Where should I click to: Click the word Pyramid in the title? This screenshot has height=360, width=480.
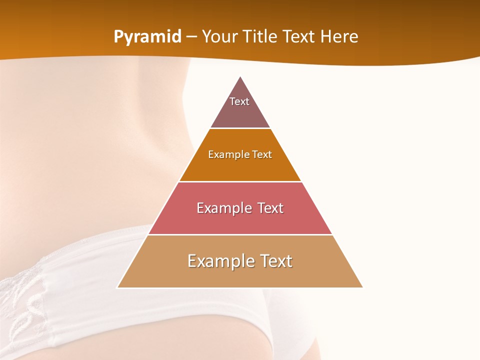147,37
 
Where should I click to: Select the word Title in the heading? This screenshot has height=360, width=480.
262,37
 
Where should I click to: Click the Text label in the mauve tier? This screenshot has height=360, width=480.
239,101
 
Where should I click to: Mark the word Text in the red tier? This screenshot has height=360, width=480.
268,208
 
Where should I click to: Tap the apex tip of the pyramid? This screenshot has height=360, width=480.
240,77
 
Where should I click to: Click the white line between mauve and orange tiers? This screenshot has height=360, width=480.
240,128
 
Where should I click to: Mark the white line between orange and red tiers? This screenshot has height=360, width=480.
240,181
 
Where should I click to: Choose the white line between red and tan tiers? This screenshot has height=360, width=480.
240,234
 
